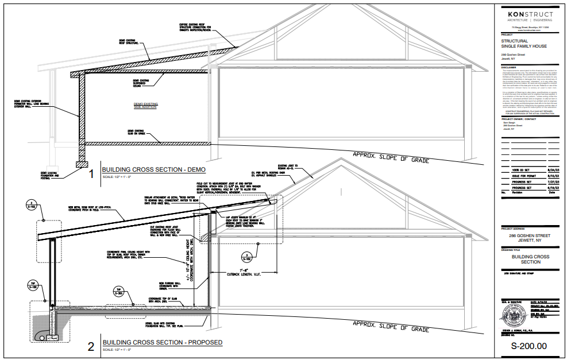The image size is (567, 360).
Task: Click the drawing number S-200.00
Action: click(x=529, y=346)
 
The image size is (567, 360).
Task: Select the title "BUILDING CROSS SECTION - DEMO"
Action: click(x=153, y=170)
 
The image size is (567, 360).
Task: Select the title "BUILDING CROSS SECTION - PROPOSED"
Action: click(x=162, y=343)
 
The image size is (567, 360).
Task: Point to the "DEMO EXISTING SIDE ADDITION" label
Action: click(x=145, y=106)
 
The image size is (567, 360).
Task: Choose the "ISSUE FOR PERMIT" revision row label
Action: click(x=523, y=176)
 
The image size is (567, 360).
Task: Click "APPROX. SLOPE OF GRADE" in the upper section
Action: click(x=390, y=156)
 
